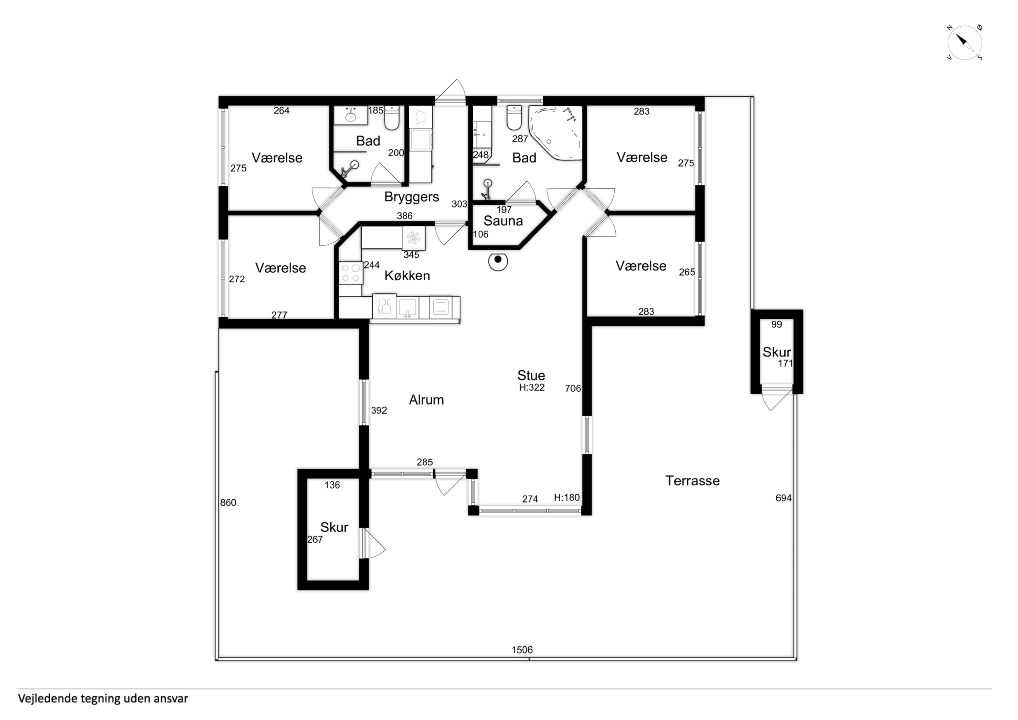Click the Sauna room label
503,221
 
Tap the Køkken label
407,276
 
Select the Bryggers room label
411,197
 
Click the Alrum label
426,400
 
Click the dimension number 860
228,503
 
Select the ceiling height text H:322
532,387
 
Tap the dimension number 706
573,389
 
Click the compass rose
965,43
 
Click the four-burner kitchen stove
351,273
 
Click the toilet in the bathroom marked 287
514,118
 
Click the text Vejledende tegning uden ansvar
103,699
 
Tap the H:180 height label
567,498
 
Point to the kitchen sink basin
407,307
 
